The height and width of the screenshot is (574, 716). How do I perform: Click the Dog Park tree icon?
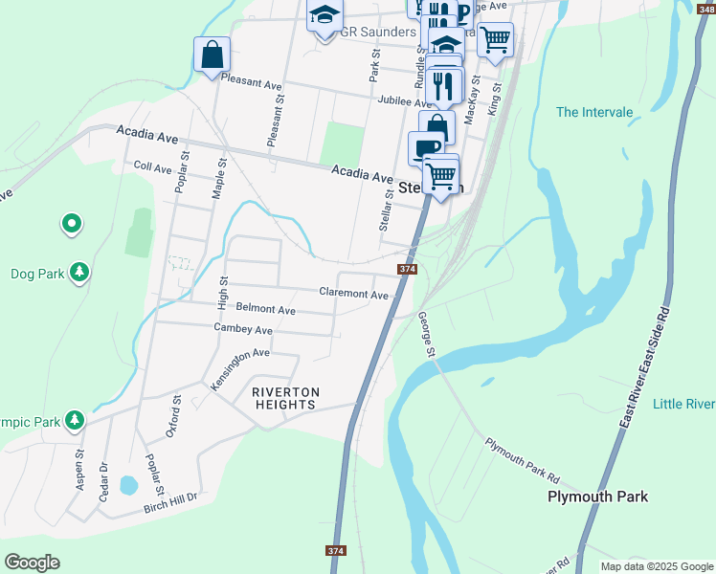[x=79, y=273]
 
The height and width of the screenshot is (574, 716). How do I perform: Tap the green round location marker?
[x=71, y=225]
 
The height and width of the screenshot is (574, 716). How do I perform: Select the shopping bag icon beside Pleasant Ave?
[x=212, y=55]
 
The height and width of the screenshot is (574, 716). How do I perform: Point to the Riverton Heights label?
[x=284, y=398]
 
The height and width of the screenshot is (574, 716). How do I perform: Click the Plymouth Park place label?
[x=597, y=497]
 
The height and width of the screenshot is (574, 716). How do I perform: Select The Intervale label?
[x=594, y=112]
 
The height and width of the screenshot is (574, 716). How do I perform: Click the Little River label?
[x=683, y=405]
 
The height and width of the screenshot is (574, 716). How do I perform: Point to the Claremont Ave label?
[x=353, y=294]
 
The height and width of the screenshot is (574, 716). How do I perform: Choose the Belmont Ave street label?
[x=265, y=310]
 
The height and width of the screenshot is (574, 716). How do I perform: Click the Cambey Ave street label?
[x=243, y=329]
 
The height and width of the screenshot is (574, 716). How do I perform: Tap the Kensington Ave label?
[x=239, y=366]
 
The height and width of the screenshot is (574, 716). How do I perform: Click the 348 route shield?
[x=706, y=7]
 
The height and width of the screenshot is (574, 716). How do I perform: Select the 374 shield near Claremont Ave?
[x=407, y=270]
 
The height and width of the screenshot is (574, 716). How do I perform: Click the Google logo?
[x=32, y=563]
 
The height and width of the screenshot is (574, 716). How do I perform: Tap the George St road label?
[x=427, y=340]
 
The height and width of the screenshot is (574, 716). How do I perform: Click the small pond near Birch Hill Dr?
[x=128, y=485]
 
